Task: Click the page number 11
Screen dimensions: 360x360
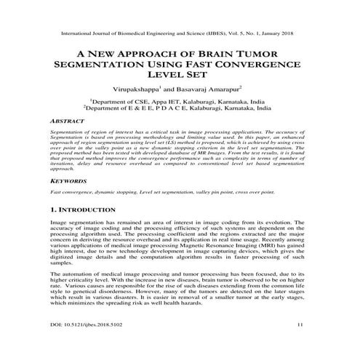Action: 299,345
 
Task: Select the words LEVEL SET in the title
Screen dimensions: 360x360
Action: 179,74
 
